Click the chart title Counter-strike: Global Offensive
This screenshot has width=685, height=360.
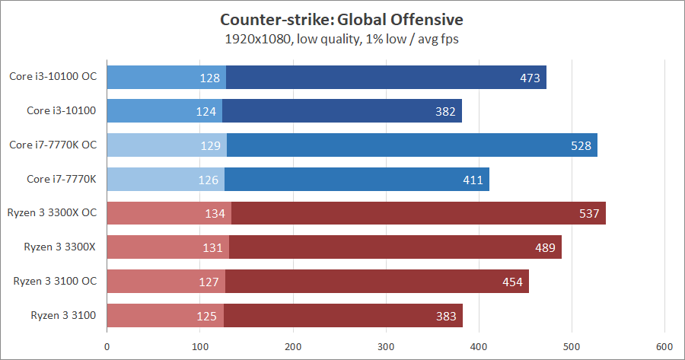point(341,18)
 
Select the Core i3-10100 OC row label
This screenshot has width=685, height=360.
point(53,76)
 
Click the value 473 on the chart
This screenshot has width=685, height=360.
point(530,78)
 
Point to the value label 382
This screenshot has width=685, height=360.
point(445,112)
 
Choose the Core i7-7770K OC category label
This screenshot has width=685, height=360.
point(53,145)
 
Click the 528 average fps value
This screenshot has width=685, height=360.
point(581,145)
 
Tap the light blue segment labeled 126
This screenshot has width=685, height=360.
point(166,180)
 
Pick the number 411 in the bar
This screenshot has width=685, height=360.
point(473,180)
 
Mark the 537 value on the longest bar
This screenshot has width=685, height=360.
point(590,214)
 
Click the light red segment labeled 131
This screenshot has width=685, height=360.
point(168,247)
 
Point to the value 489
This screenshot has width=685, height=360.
point(546,247)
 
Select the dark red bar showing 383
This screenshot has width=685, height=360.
point(343,315)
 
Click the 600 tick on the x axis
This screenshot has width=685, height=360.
point(664,344)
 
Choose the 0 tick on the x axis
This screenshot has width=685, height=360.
point(107,344)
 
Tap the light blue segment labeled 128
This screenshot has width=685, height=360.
point(167,78)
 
